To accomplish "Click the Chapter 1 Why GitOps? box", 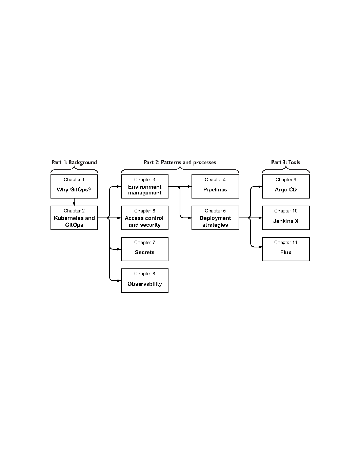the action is pos(74,186).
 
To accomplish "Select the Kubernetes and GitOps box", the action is pos(74,218).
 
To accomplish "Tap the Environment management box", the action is pos(144,186).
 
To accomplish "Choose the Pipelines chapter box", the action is pos(215,186).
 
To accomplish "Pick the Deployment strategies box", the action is pos(215,218).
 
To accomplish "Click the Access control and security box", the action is pos(144,218).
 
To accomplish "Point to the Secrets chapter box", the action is pos(144,249).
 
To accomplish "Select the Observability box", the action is pos(144,281).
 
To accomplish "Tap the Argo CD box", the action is pos(286,186).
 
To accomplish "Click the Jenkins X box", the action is pos(286,218).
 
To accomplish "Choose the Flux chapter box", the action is pos(286,249).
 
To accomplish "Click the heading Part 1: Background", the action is pos(74,162).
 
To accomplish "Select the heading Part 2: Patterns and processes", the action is pos(180,162).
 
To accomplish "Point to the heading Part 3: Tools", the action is pos(285,162).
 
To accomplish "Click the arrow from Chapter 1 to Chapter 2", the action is pos(74,202).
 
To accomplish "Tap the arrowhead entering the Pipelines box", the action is pos(190,186).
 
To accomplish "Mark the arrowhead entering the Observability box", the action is pos(119,281).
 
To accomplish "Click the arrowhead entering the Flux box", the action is pos(260,247).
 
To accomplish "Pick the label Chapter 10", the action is pos(286,211).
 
